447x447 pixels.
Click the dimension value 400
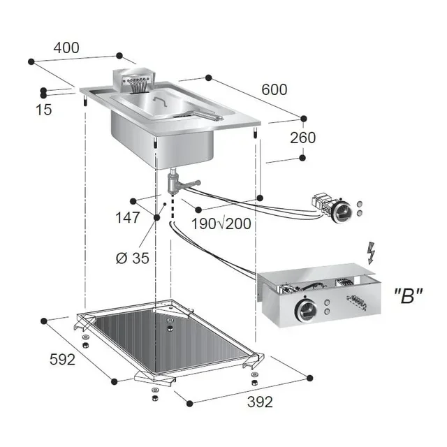pyautogui.click(x=67, y=48)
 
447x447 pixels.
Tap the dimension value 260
pyautogui.click(x=303, y=138)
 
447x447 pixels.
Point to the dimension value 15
pyautogui.click(x=44, y=110)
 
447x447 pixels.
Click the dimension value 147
pyautogui.click(x=128, y=217)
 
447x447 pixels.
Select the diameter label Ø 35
pyautogui.click(x=132, y=258)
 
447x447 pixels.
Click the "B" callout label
pyautogui.click(x=408, y=295)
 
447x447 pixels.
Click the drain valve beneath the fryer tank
pyautogui.click(x=175, y=183)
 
